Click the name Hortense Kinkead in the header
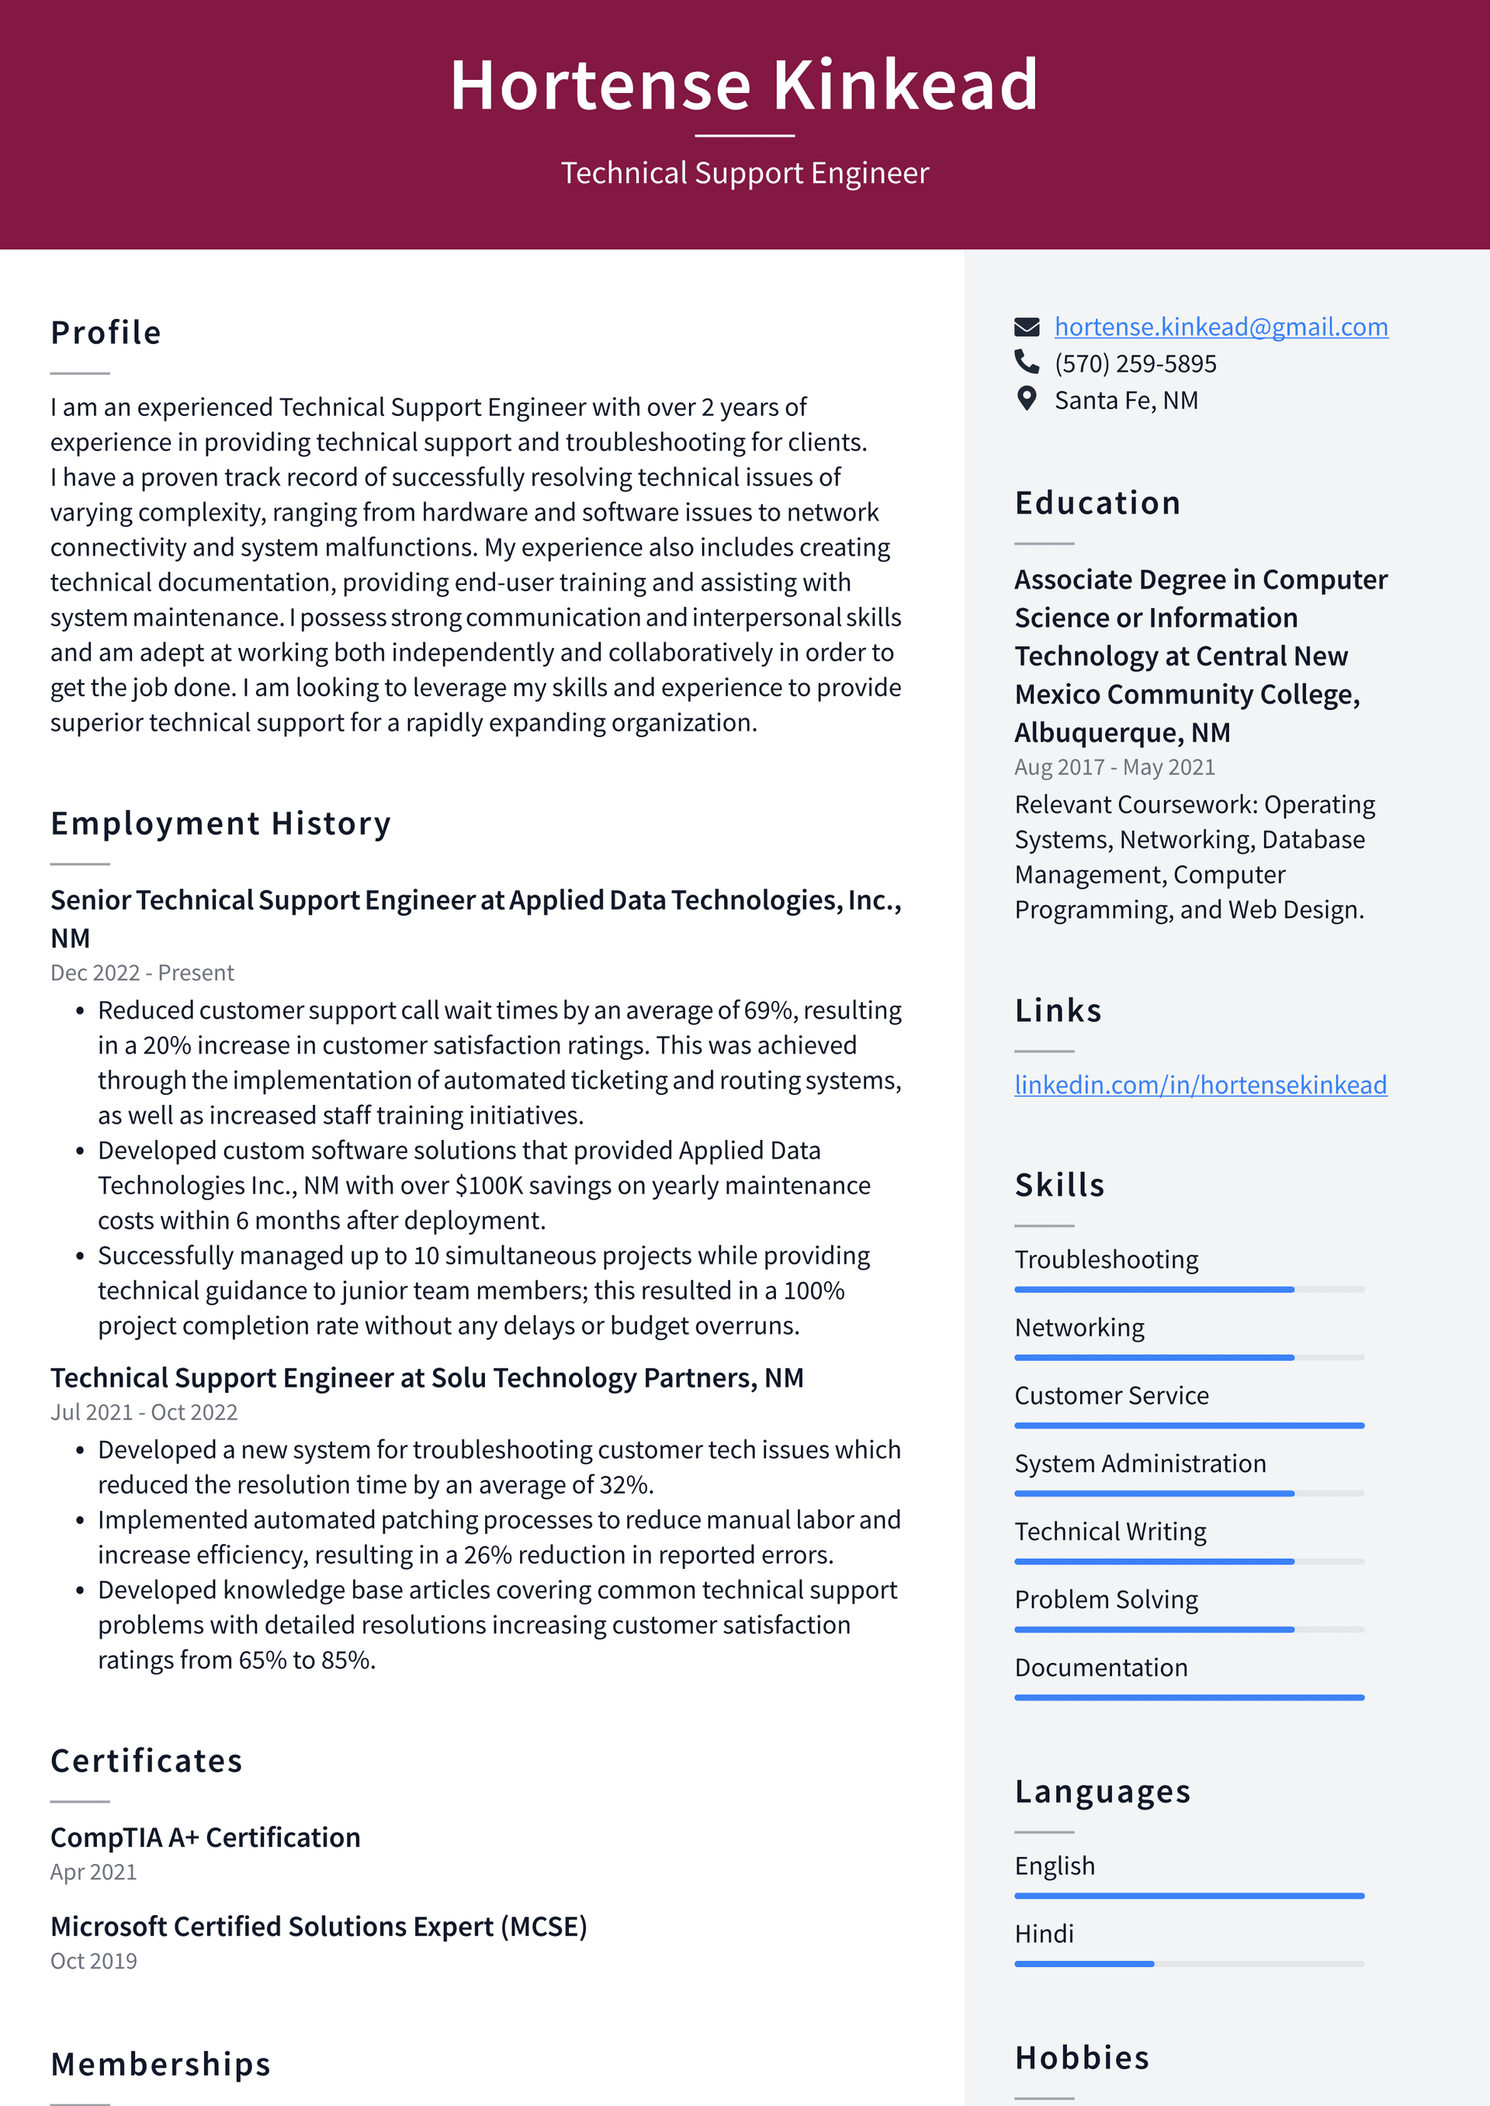(744, 85)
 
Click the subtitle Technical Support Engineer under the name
(744, 173)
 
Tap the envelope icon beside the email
(1027, 327)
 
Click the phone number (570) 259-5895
(1135, 364)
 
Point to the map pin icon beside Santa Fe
(1027, 399)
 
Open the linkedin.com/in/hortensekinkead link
(1200, 1085)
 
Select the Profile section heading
(106, 333)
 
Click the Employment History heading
(220, 823)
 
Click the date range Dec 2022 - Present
(142, 973)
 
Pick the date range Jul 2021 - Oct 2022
(144, 1412)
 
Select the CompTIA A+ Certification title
(206, 1838)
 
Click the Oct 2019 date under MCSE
(94, 1961)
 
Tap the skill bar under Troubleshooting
(1188, 1290)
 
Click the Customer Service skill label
(1111, 1396)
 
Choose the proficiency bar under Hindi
(1188, 1964)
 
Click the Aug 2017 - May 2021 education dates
(1114, 767)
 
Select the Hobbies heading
(1082, 2059)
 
